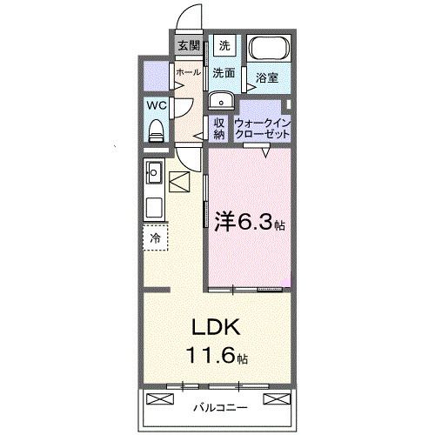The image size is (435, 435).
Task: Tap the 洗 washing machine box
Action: (224, 45)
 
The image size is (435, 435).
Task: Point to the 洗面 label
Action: (224, 73)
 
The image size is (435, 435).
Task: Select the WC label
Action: (156, 104)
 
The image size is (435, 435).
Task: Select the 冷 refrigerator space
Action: (155, 236)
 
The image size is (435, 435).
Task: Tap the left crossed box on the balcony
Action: (161, 400)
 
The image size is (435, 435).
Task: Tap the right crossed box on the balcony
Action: (276, 400)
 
